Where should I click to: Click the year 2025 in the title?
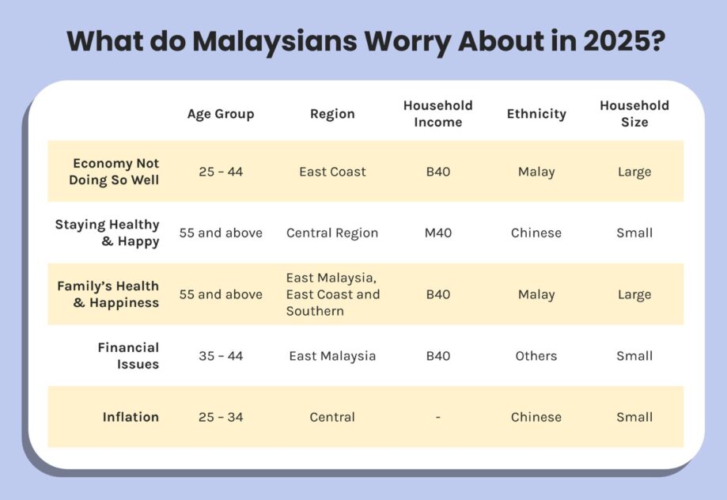point(610,40)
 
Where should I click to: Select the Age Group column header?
point(221,114)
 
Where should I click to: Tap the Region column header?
point(332,114)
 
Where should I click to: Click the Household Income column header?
point(437,114)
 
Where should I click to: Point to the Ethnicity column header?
point(536,114)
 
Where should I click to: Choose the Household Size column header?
point(634,114)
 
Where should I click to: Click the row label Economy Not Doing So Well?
point(115,172)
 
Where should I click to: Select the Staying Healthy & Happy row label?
point(108,233)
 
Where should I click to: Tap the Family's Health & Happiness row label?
point(108,294)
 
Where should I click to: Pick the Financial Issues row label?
point(128,356)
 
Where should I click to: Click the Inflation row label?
point(131,417)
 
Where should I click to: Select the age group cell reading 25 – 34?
point(221,417)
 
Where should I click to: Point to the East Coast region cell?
point(332,172)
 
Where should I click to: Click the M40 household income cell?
point(437,233)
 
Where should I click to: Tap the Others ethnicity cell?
point(536,356)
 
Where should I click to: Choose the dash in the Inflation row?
point(437,417)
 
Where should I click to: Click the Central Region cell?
point(332,233)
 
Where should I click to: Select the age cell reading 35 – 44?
point(221,356)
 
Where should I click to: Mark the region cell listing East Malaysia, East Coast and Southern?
point(333,294)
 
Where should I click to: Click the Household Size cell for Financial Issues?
point(634,356)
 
